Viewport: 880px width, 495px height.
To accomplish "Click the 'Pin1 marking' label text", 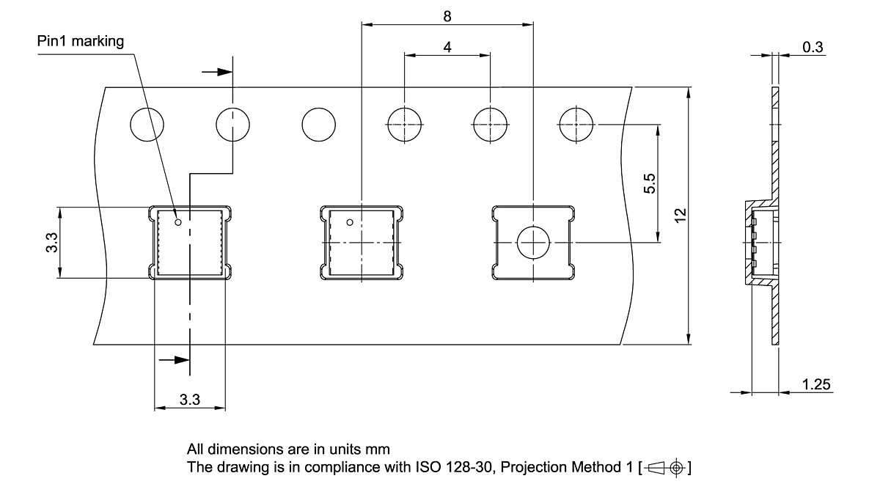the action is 81,41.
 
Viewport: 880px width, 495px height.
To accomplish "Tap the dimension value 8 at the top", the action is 447,16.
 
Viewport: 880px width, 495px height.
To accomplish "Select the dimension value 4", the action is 447,47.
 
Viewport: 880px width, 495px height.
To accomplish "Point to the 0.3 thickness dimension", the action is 813,47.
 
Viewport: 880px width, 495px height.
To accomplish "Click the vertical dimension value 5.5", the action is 650,183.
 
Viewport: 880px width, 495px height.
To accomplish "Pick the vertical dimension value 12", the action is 681,216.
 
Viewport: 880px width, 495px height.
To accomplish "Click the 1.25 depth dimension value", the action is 816,384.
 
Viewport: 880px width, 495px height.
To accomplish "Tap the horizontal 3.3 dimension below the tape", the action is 190,400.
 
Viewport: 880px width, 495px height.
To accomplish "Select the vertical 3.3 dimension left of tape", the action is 52,243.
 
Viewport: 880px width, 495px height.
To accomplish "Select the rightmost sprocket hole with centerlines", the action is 576,125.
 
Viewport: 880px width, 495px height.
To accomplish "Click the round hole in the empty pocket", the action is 533,243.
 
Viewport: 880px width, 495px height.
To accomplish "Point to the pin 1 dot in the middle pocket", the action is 350,222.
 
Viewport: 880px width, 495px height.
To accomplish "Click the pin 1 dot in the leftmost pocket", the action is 178,222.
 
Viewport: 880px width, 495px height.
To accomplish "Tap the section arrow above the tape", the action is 217,72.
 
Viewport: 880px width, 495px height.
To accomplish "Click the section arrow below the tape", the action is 174,360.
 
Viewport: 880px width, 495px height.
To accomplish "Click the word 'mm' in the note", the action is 378,450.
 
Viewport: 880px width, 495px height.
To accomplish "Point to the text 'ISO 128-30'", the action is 454,467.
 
